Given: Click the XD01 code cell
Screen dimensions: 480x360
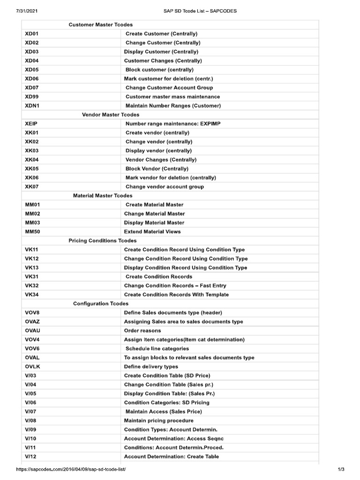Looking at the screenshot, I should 32,34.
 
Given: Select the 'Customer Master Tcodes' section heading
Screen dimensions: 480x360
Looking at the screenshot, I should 100,24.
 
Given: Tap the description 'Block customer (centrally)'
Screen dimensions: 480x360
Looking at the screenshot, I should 159,70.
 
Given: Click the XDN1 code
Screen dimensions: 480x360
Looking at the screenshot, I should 32,106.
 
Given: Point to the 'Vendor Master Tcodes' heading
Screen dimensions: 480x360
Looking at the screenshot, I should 110,115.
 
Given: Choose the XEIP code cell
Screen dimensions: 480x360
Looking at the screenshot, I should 32,124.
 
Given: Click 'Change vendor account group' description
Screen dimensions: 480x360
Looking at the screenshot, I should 165,187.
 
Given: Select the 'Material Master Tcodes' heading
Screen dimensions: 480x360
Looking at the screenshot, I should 103,195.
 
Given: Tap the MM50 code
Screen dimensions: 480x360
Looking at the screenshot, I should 32,232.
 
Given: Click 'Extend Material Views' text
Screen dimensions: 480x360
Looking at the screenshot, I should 152,232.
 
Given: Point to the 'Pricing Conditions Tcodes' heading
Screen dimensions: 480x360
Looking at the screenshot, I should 103,240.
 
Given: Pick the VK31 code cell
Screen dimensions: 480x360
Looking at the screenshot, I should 31,277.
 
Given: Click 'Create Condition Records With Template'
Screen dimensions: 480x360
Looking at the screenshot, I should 176,295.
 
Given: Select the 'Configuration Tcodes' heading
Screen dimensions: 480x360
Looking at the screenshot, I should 101,304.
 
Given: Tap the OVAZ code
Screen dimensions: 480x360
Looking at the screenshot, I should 32,322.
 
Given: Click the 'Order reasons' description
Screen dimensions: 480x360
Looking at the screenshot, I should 142,330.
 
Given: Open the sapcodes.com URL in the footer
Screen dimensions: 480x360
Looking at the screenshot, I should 71,469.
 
